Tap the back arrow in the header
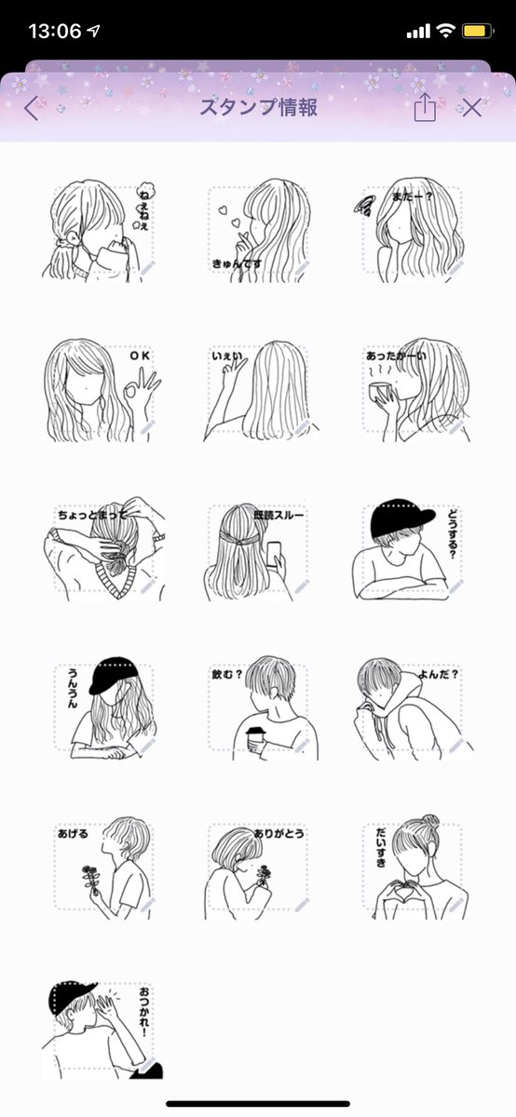point(32,108)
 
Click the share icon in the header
point(424,108)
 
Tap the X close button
point(472,108)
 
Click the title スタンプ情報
point(258,108)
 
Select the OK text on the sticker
point(139,355)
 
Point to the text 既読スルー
point(278,515)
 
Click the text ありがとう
point(277,835)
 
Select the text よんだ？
point(438,674)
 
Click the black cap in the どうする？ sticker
point(401,519)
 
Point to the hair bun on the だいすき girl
point(428,823)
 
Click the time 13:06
point(54,31)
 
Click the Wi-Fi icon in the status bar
point(445,31)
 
